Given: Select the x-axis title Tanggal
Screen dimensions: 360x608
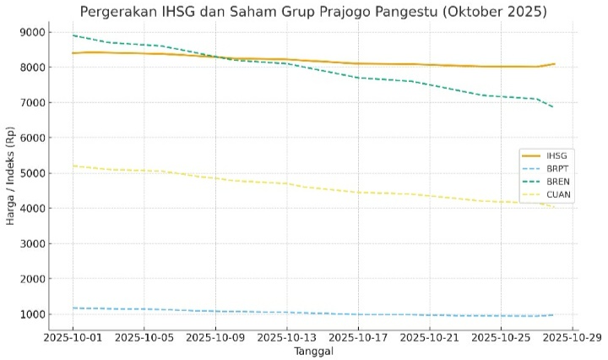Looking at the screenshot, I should pos(312,351).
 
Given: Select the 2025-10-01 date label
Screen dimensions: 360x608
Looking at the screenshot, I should pos(73,337).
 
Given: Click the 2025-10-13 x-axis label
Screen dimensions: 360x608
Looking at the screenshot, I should pos(287,337).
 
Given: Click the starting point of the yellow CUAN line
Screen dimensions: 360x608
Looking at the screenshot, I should pos(73,166).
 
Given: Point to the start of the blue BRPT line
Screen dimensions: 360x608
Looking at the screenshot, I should pos(73,308).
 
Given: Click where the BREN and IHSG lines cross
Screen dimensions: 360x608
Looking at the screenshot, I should pos(215,57).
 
